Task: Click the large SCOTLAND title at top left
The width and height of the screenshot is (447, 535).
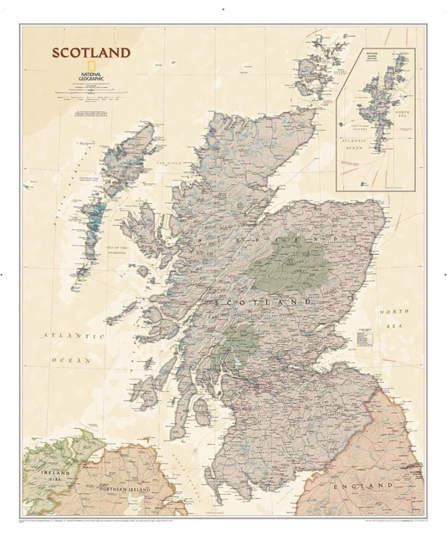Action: click(x=92, y=53)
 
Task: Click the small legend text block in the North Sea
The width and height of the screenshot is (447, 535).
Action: click(x=366, y=339)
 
